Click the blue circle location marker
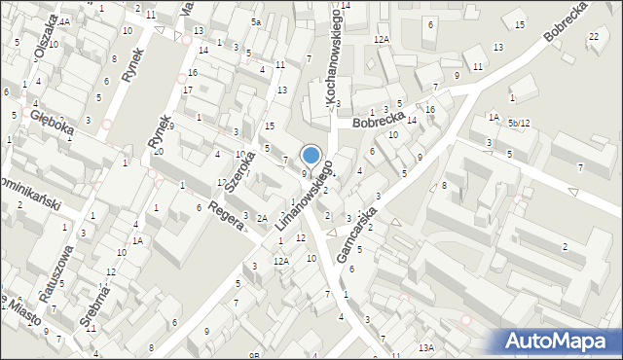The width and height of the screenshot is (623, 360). pos(311,155)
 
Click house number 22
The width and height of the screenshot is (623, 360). pos(594,37)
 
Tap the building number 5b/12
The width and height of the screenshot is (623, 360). pos(519,123)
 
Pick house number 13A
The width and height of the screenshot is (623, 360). pos(425,347)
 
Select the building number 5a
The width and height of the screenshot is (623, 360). pos(256,21)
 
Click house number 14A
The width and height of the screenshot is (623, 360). pos(62,20)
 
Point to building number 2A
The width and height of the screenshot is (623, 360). pos(262,218)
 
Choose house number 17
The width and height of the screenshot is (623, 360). pos(188,90)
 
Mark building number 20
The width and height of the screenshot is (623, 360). pos(158,151)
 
